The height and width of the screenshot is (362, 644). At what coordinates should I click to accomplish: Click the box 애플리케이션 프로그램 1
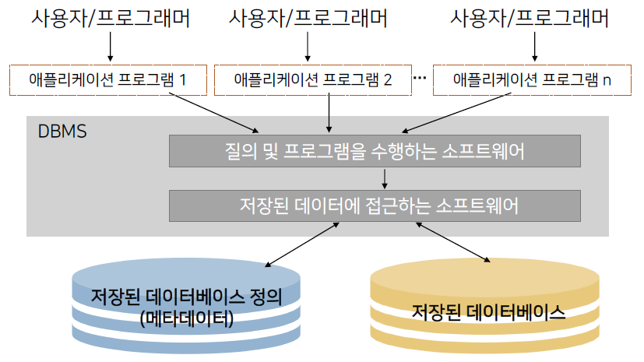(110, 79)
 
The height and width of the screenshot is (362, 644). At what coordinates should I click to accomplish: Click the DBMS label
(62, 129)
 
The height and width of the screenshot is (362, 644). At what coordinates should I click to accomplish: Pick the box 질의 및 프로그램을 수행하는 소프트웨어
(375, 151)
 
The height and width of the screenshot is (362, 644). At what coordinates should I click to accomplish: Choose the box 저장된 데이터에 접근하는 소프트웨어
(375, 206)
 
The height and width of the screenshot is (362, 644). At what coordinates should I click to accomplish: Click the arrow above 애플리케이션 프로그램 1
(110, 47)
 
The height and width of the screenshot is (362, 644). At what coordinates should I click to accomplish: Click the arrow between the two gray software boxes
(385, 178)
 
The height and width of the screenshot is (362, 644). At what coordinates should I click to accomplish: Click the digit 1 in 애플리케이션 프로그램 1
(183, 79)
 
